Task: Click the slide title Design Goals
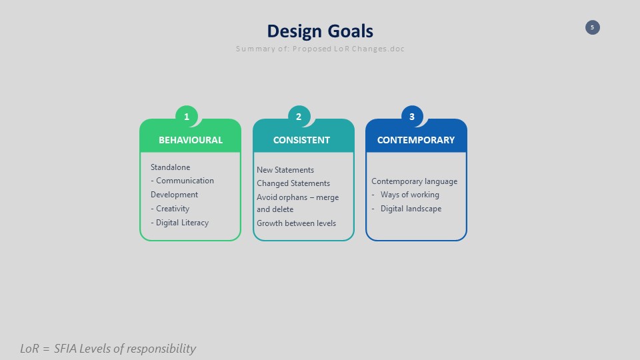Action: [320, 31]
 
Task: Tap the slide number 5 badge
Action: [592, 27]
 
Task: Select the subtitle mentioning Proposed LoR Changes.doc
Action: [320, 49]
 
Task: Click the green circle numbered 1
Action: [187, 117]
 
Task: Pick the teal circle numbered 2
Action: [299, 117]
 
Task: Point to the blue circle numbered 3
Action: [412, 117]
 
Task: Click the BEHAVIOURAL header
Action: [191, 140]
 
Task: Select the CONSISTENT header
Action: [301, 140]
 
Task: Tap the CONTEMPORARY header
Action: [416, 140]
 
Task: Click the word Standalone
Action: [170, 167]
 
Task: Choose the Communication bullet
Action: [182, 181]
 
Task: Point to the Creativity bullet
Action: [170, 209]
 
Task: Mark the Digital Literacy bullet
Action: [179, 223]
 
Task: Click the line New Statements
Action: [285, 170]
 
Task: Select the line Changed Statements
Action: [293, 183]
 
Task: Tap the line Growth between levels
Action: [296, 223]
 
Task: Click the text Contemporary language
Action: [414, 181]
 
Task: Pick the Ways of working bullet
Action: [405, 195]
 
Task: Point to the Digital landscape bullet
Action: [407, 209]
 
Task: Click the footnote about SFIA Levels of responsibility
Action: [108, 349]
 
